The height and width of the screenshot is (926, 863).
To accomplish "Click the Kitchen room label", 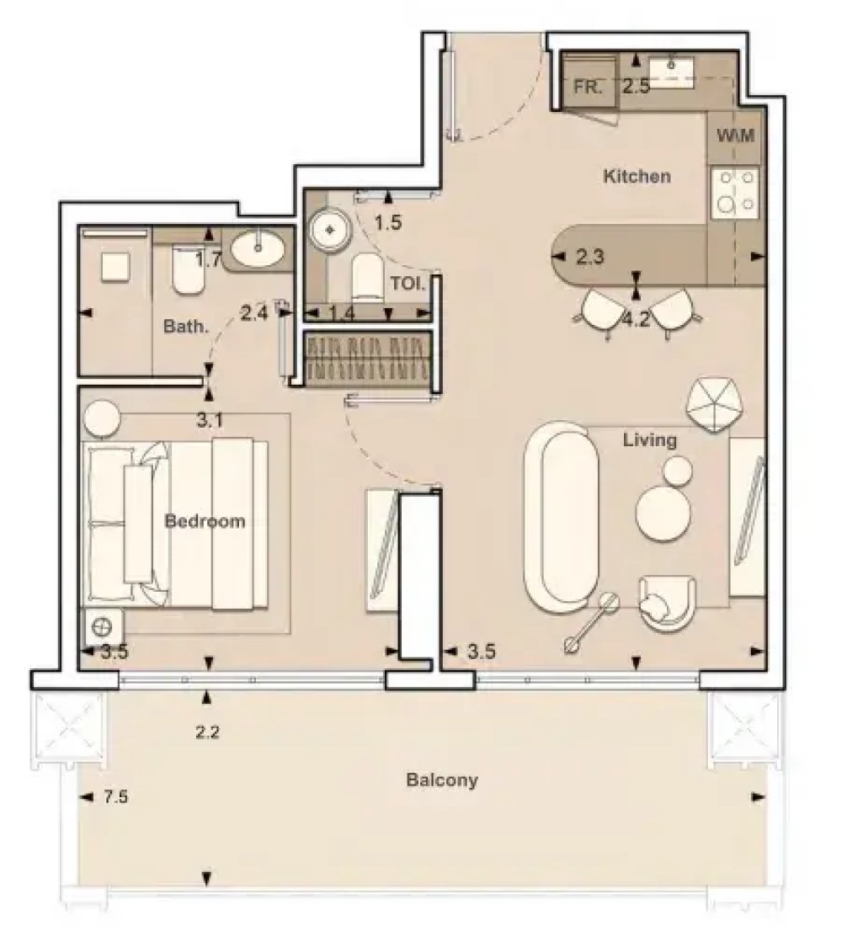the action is point(637,176).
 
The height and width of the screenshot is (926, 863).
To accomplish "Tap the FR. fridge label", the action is point(588,87).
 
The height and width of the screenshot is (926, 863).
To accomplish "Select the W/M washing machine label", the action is point(735,136).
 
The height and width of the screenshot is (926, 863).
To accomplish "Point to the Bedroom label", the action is point(205,521).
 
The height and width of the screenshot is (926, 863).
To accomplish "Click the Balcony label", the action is point(442,780).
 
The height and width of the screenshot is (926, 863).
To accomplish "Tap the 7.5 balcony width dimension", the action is point(116,796).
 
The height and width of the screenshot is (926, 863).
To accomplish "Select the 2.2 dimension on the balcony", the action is point(207,732).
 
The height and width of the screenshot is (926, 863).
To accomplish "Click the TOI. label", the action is point(408,284).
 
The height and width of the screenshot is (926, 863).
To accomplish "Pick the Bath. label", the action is point(186,326).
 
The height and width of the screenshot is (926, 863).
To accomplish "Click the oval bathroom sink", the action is point(257,248).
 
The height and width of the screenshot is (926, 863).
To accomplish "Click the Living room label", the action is point(650,440).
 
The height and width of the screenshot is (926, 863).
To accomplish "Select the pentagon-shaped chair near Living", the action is point(714,404).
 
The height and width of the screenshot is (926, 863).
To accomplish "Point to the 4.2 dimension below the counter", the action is point(637,320).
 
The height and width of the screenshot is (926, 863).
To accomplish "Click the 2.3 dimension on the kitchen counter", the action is point(589,257).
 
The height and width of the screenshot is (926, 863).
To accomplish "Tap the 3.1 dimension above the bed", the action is point(210,420).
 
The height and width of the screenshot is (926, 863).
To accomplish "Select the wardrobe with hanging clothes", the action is point(367,358).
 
